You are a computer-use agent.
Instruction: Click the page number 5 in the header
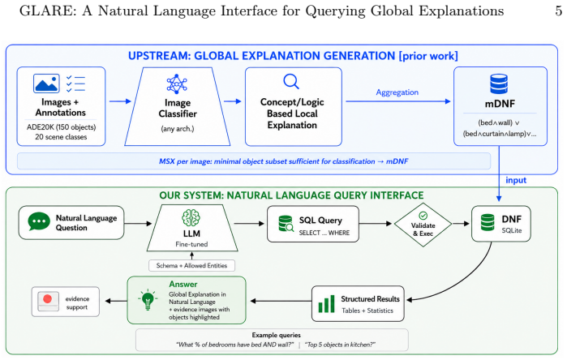coord(559,11)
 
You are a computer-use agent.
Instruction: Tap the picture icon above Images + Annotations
coord(46,84)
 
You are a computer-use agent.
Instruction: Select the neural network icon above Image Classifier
coord(177,84)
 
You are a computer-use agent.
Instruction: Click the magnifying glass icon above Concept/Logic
coord(291,81)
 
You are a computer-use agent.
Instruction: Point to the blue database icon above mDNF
coord(499,84)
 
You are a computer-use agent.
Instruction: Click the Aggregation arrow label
coord(397,92)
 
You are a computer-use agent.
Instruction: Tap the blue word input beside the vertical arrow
coord(516,180)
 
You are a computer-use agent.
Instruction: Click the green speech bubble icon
coord(39,221)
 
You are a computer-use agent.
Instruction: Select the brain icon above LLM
coord(191,217)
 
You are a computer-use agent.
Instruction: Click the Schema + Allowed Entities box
coord(191,266)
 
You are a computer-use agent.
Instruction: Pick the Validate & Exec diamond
coord(423,225)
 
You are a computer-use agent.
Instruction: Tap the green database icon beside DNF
coord(488,222)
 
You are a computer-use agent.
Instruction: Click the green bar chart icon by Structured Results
coord(327,304)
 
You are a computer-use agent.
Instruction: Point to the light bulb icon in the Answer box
coord(148,300)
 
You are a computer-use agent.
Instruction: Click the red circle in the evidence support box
coord(47,299)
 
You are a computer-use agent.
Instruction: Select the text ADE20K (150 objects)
coord(61,127)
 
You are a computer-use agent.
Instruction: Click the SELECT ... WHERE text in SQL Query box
coord(324,233)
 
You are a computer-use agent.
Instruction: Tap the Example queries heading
coord(277,335)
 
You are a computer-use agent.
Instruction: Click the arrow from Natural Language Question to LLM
coord(138,224)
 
